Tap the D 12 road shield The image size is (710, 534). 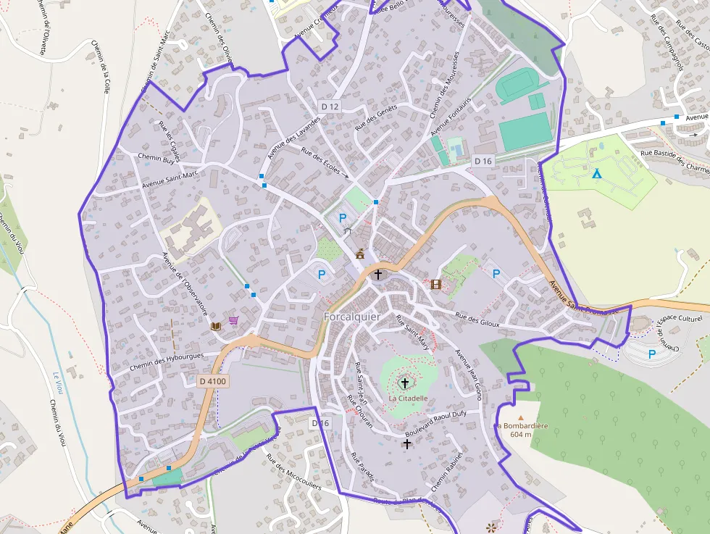(330, 107)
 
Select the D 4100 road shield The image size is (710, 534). (212, 381)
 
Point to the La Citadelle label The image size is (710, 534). (408, 398)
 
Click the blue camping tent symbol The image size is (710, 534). (596, 174)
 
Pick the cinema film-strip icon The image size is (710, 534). (435, 284)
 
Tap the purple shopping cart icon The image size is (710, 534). (233, 320)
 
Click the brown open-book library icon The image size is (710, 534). (215, 327)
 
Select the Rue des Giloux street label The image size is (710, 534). (477, 320)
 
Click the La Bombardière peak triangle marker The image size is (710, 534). (519, 418)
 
